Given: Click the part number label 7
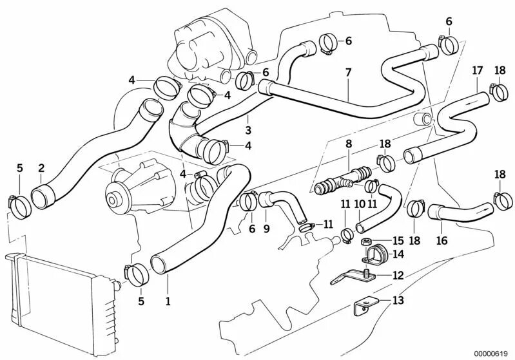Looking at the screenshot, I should pos(348,72).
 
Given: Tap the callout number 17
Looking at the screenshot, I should pos(477,70).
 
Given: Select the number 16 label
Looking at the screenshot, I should pos(442,240).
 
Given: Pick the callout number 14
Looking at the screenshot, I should pos(398,254).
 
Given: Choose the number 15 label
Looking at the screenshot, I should pos(398,239).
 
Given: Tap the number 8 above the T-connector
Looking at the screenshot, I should pos(348,144).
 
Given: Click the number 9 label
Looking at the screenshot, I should pos(266,228).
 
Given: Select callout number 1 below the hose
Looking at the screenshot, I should pos(168,299).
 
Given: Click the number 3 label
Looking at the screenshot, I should pos(248,130).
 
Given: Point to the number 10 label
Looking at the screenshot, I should pos(360,204).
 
